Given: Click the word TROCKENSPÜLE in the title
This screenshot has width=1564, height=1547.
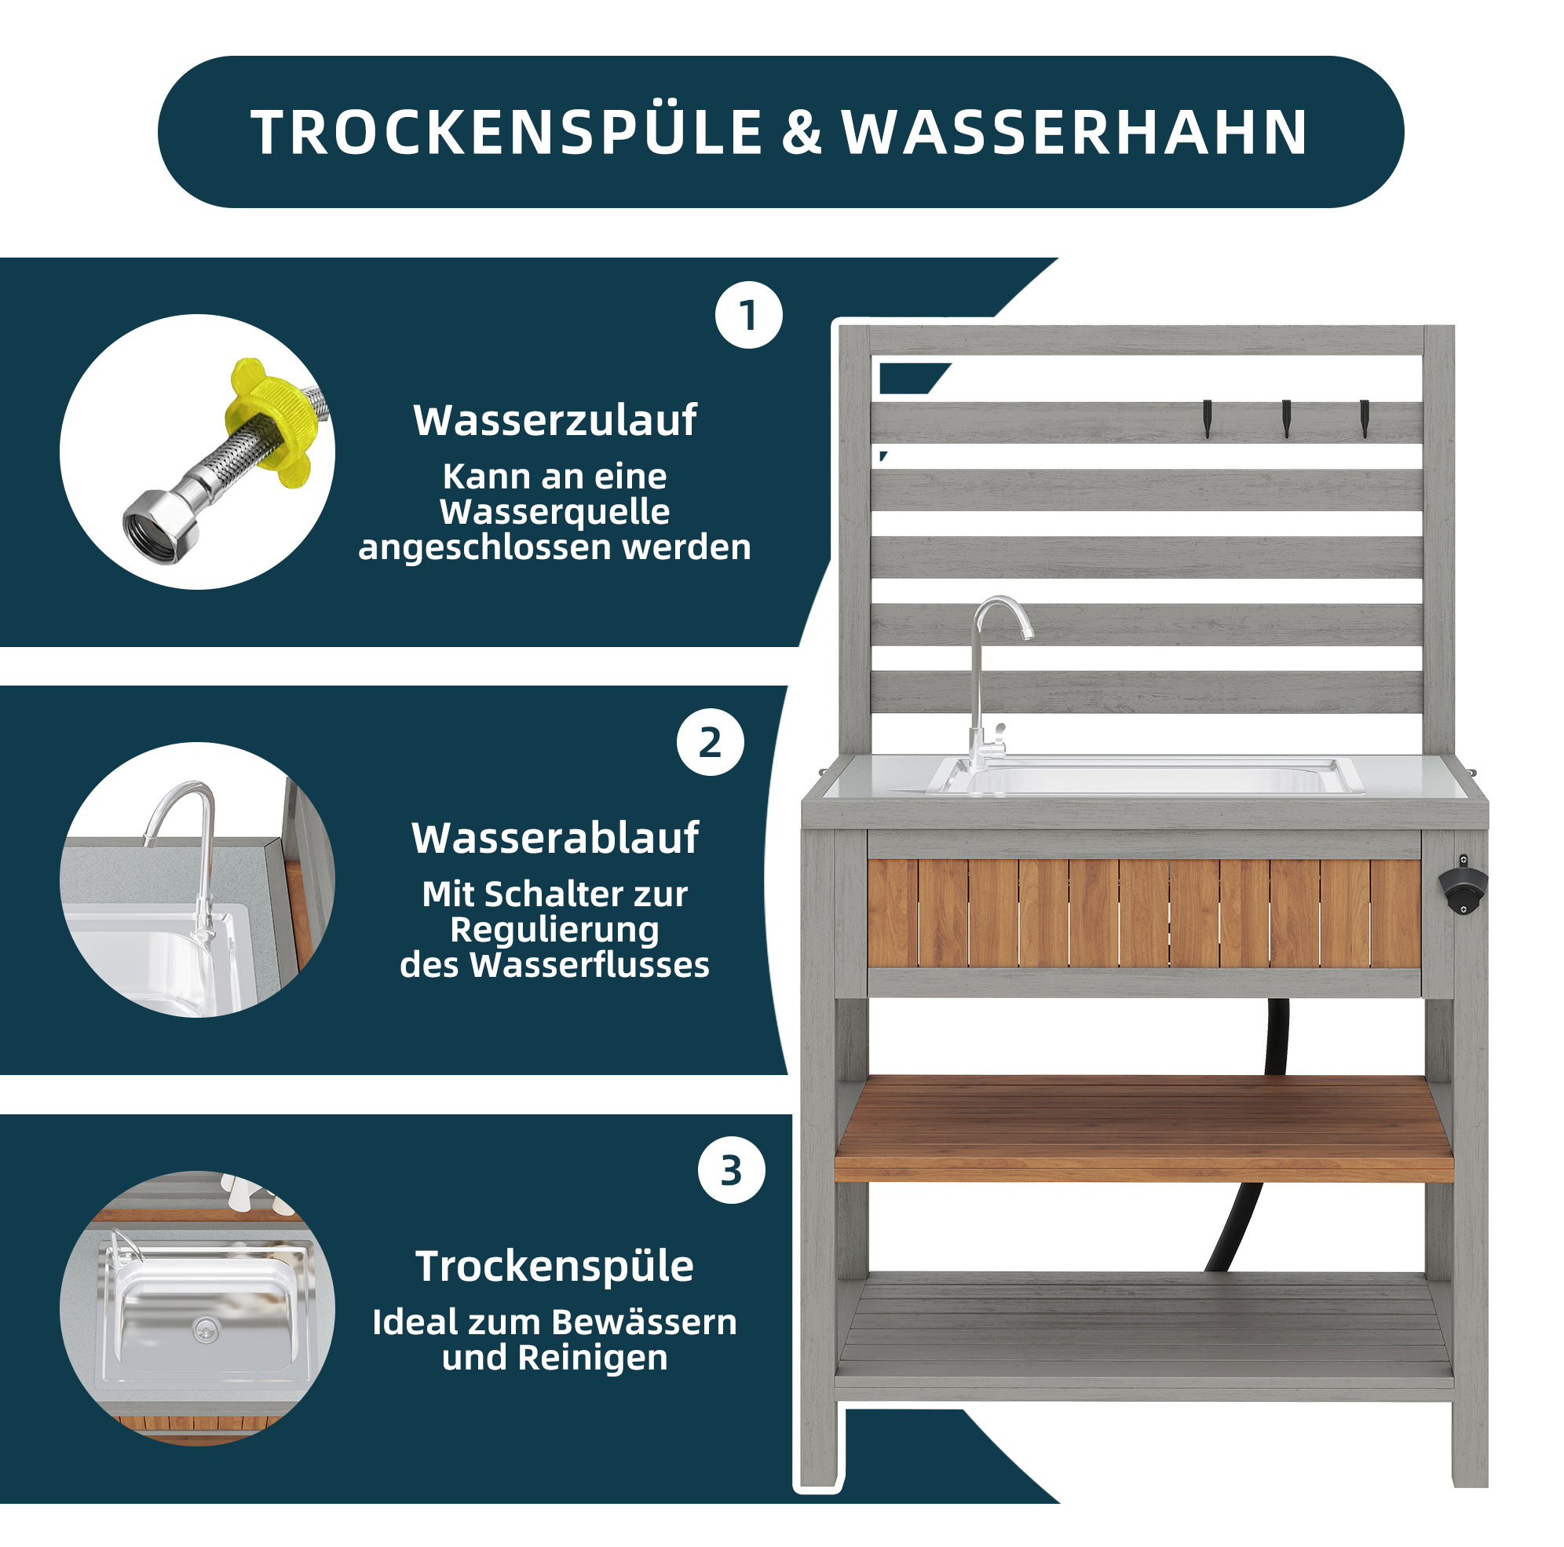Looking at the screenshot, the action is coord(506,132).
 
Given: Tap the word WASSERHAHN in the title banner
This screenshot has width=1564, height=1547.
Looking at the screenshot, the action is coord(1075,133).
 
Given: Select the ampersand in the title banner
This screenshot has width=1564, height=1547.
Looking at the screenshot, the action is coord(802,133).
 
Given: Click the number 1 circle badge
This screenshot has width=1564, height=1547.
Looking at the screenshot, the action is coord(749,315).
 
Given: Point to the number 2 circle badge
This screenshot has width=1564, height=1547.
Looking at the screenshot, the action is coord(711,742).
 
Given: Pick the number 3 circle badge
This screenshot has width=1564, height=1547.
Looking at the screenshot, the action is coord(731,1170).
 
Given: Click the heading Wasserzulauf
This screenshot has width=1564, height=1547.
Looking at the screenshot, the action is coord(555,420).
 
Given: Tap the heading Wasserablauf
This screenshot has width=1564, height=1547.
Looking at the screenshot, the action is coord(555,838).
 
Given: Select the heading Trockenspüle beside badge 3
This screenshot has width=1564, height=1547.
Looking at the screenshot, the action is coord(555,1265).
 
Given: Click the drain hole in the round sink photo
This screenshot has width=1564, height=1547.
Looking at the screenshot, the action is coord(207,1327).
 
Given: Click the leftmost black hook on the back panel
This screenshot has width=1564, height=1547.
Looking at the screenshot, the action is coord(1207,419).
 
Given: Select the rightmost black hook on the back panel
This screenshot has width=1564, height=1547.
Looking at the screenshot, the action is coord(1364,419).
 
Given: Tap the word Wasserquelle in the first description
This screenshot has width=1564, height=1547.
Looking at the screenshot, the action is coord(554,512).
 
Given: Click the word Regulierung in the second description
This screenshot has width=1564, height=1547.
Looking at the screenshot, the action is coord(554,929).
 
